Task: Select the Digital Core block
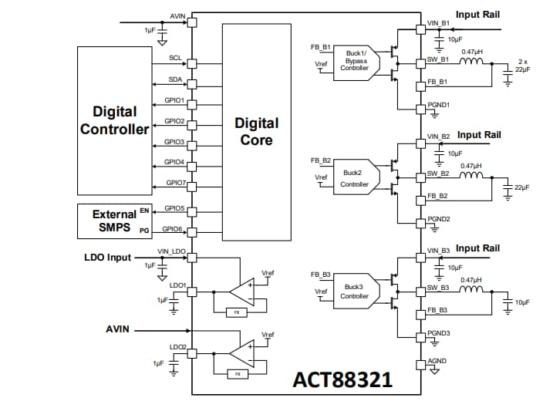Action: pos(256,130)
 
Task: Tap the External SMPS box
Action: pos(115,220)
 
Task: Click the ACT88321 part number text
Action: pos(342,379)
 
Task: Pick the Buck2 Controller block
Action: pos(355,178)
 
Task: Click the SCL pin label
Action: pos(176,58)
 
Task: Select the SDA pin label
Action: pos(176,79)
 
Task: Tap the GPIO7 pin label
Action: pos(176,183)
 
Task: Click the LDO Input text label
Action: pos(107,257)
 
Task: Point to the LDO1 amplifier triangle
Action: pos(244,292)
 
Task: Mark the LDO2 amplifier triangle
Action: pos(244,353)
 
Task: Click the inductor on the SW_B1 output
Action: pos(471,61)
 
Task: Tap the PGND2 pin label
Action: pos(439,218)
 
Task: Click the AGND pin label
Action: pos(437,361)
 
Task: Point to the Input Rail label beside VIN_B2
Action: pos(478,135)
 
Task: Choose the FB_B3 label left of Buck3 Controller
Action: pos(321,275)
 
